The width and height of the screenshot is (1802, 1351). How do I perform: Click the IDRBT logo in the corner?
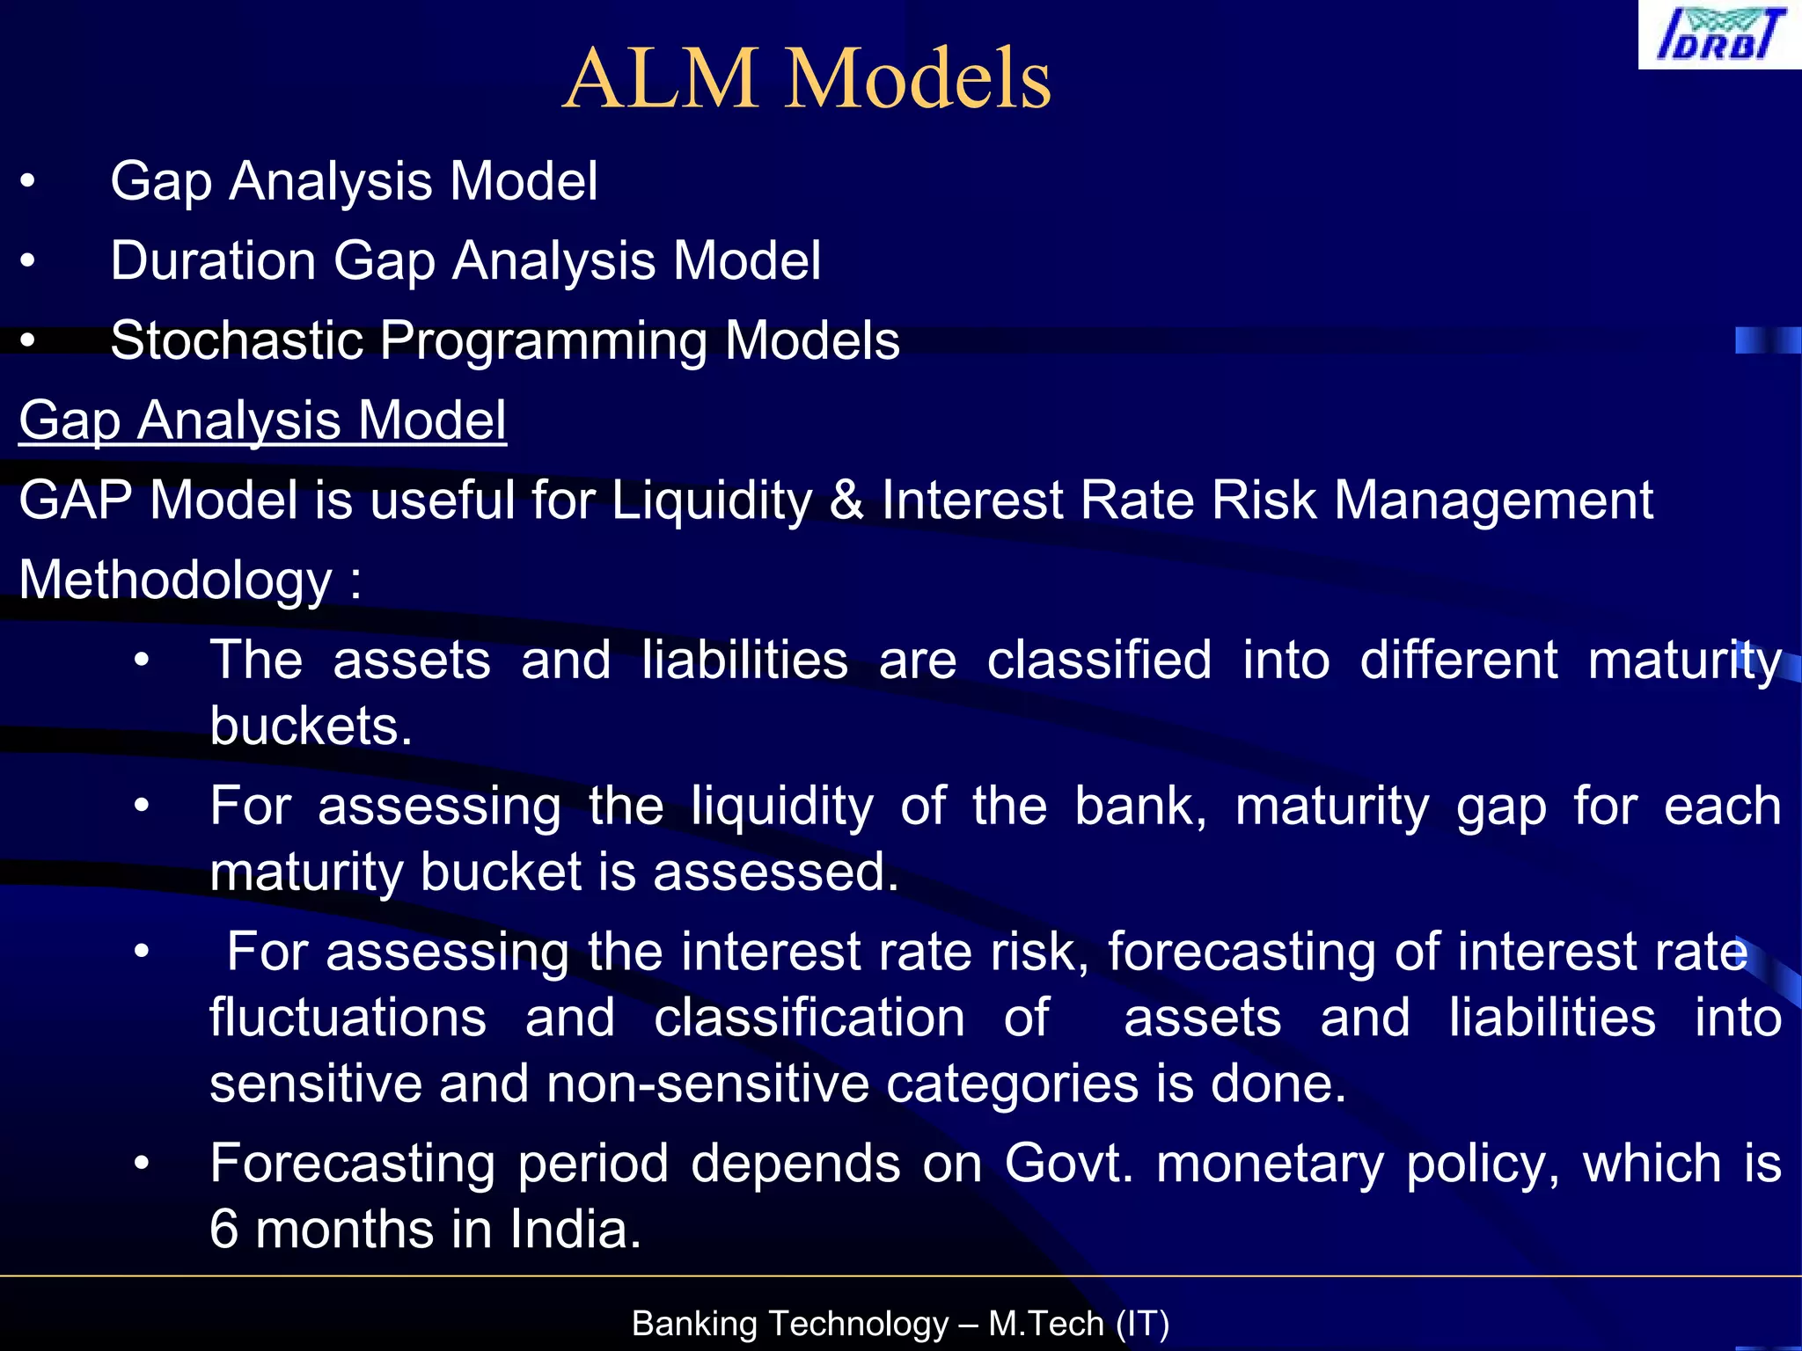[x=1720, y=35]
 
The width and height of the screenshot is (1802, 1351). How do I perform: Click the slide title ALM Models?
[x=807, y=79]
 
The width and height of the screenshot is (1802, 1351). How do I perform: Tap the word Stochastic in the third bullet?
[x=237, y=340]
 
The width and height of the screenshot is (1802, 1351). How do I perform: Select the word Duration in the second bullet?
[x=213, y=261]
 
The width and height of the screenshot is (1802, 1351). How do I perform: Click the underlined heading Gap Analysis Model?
[x=262, y=420]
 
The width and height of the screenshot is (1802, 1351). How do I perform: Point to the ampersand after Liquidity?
[x=846, y=500]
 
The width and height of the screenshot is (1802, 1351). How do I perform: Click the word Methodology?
[x=175, y=581]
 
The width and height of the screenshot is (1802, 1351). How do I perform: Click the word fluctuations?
[x=348, y=1018]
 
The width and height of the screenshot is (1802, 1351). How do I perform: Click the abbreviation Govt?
[x=1068, y=1164]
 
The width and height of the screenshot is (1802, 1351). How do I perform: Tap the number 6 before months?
[x=224, y=1230]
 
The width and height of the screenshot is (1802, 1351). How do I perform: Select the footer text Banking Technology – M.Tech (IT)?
[x=900, y=1323]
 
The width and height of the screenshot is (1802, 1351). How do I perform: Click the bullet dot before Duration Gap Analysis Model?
[x=28, y=261]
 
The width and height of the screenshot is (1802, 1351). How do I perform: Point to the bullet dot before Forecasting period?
[x=142, y=1164]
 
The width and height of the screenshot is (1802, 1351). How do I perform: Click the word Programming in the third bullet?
[x=543, y=340]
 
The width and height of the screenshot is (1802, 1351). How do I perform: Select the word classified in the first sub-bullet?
[x=1099, y=661]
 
